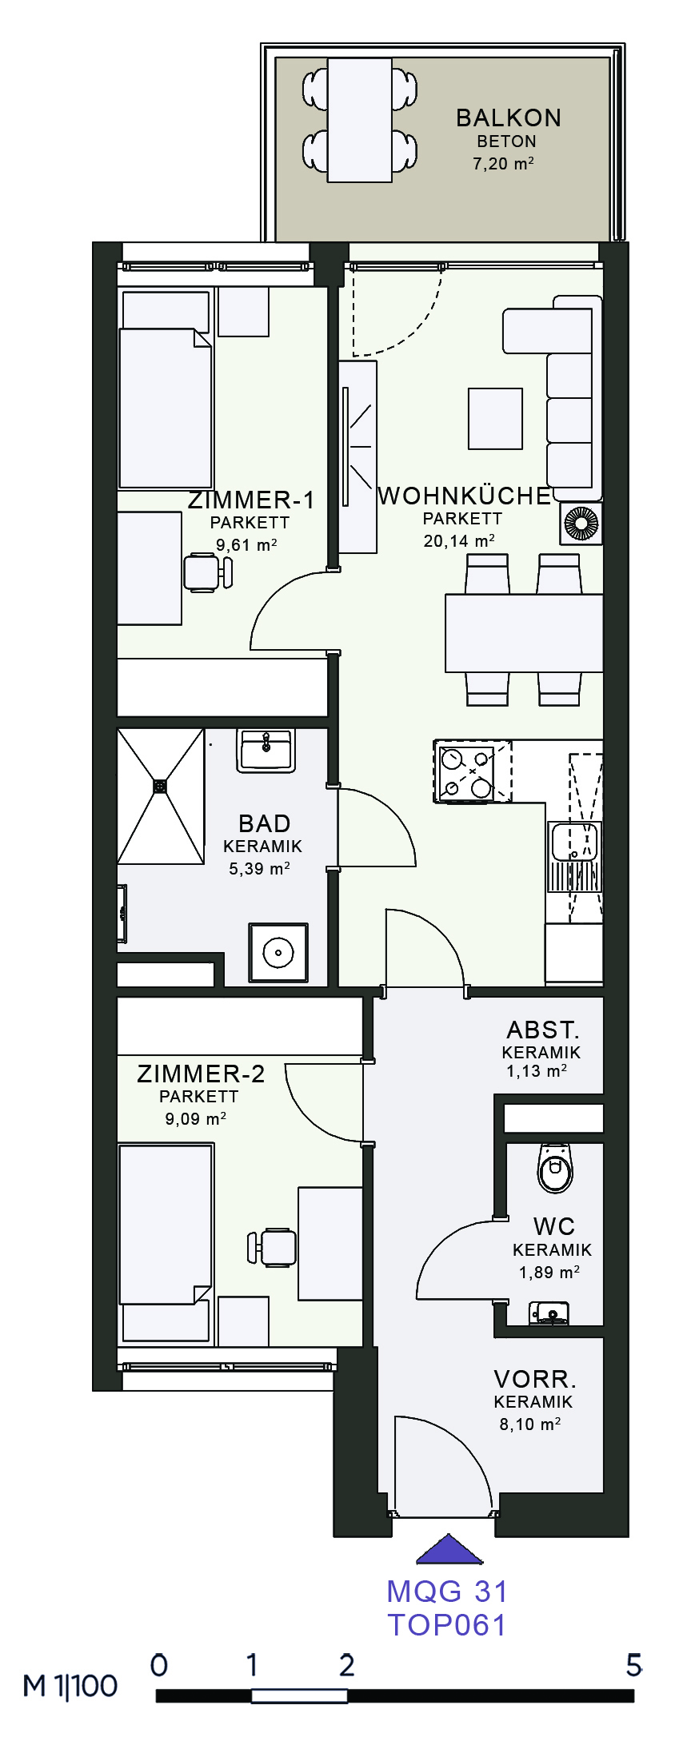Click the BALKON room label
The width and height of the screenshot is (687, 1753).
[x=509, y=118]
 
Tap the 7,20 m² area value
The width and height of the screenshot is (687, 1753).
[x=503, y=164]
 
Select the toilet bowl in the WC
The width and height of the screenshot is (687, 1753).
[x=554, y=1169]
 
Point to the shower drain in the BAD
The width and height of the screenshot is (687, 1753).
[x=161, y=787]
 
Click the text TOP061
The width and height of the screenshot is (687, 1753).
[x=447, y=1625]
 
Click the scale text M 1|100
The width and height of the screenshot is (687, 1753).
[x=70, y=1687]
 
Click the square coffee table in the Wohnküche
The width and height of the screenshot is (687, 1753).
[x=496, y=419]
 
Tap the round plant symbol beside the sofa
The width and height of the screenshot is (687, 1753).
[x=581, y=524]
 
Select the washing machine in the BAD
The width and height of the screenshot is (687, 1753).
[x=278, y=952]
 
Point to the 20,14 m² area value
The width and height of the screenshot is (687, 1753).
[x=459, y=541]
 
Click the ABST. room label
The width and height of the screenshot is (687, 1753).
[x=543, y=1030]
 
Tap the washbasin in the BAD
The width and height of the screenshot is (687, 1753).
[x=266, y=751]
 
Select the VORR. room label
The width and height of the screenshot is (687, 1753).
[x=535, y=1379]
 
